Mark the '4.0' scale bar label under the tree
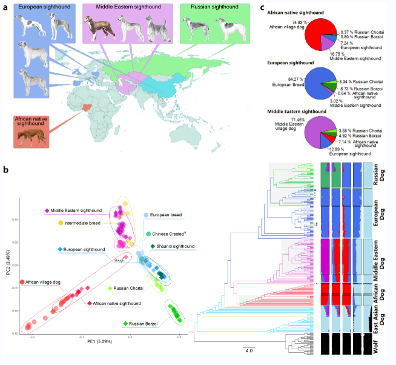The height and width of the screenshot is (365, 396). click(249, 350)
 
